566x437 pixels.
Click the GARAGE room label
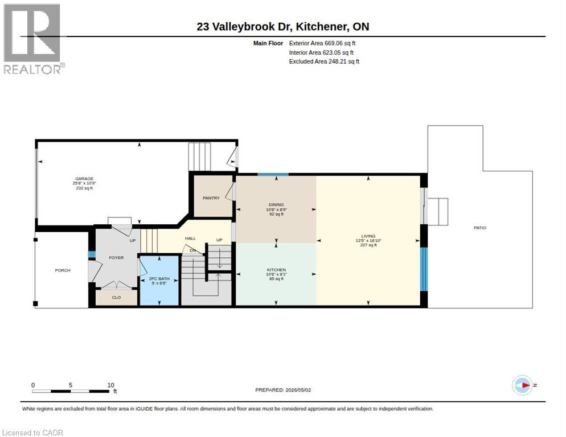tap(84, 179)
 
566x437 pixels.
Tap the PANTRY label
tap(211, 198)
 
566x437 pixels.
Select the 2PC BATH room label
tap(159, 279)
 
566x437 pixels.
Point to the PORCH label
tap(63, 270)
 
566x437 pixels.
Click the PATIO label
tap(480, 228)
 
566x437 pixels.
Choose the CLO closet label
tap(116, 298)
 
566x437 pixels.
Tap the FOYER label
tap(116, 258)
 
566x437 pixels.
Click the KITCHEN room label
tap(277, 270)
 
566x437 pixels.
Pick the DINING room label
tap(277, 205)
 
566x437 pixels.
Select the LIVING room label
tap(368, 236)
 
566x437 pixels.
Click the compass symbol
tap(523, 385)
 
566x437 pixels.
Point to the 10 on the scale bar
tap(111, 385)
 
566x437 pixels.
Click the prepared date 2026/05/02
tap(298, 390)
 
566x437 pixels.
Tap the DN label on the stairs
tap(193, 250)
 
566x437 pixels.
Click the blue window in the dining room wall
tap(273, 175)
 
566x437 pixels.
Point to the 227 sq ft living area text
tap(368, 245)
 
